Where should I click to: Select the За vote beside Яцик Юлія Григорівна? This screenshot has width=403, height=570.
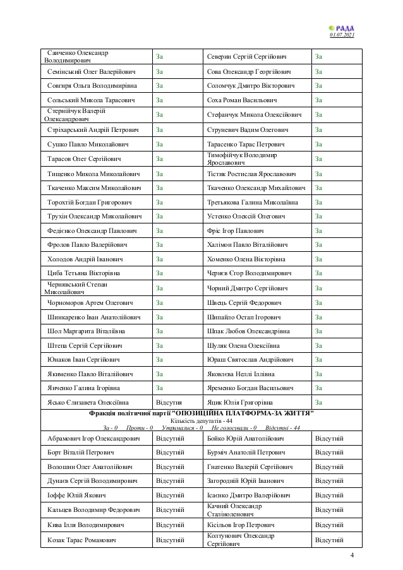point(318,403)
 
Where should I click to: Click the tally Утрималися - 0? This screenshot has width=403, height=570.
point(182,427)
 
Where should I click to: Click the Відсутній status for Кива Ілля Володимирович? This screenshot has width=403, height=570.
point(170,525)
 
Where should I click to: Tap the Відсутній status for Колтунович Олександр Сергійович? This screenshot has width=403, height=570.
point(329,540)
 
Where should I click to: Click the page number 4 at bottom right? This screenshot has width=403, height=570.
point(352,555)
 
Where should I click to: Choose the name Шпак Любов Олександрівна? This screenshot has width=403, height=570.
point(248,331)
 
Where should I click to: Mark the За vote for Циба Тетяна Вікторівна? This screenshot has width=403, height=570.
point(160,273)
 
